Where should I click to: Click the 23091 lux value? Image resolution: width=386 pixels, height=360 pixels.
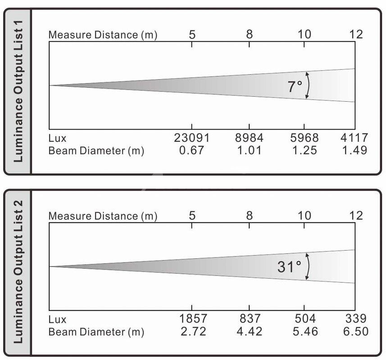[192, 138]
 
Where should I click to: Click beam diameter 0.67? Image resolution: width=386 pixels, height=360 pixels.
[192, 151]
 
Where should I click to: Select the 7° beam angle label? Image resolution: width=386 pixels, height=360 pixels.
[295, 86]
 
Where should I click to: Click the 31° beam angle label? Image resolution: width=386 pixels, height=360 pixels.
[289, 267]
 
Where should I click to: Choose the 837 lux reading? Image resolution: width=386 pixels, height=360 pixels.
[250, 319]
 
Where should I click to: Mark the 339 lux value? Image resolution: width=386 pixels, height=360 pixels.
[356, 319]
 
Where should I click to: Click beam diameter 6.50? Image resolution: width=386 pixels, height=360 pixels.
[355, 332]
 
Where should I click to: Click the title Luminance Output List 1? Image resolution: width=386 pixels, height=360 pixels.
[18, 91]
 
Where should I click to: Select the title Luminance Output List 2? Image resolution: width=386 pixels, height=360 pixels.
[18, 272]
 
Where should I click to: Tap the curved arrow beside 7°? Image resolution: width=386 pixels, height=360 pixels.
[308, 85]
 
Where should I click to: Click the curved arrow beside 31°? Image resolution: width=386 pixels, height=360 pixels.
[308, 266]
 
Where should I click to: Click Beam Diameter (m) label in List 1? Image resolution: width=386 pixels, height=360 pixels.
[96, 151]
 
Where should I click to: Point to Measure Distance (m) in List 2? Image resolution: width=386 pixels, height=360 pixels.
[103, 216]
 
